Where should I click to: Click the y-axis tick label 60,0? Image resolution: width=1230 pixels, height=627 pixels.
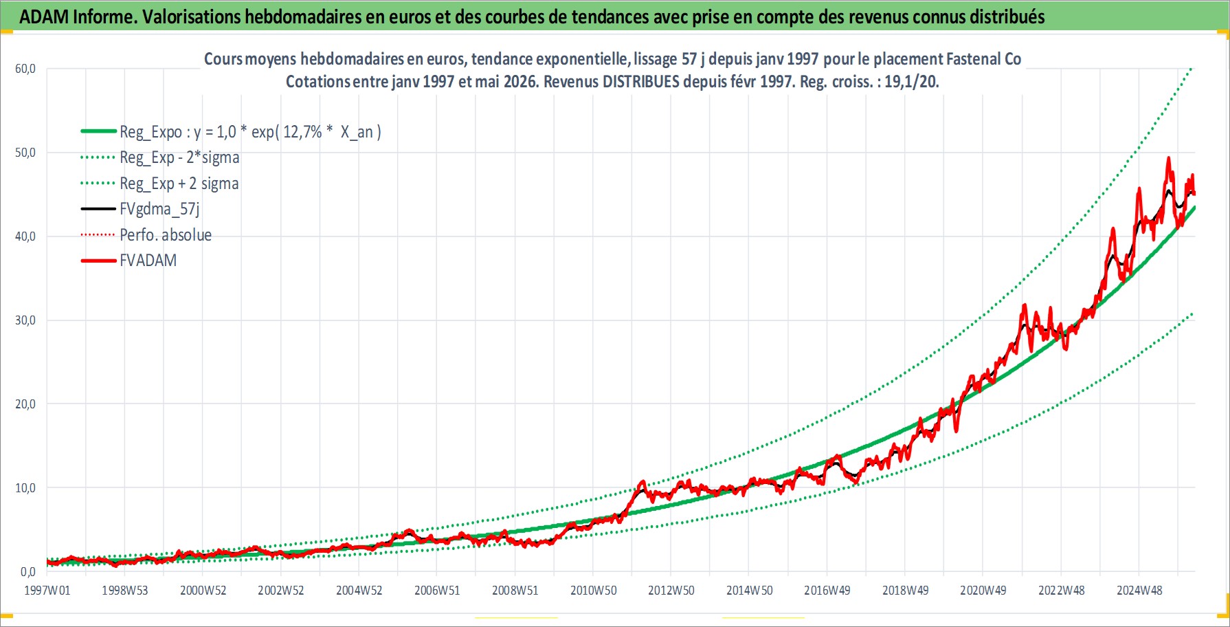tap(25, 69)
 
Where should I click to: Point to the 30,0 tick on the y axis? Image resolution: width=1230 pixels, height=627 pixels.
tap(25, 320)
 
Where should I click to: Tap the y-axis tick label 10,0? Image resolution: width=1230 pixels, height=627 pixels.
tap(25, 488)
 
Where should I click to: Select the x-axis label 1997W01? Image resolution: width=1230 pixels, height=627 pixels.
tap(47, 591)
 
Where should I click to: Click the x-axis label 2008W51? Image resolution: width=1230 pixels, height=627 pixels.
tap(515, 591)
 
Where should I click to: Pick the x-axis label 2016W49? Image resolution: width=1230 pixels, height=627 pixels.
tap(827, 591)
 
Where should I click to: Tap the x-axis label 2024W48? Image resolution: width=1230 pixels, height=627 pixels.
tap(1139, 591)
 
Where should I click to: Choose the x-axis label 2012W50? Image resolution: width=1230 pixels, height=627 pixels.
tap(671, 591)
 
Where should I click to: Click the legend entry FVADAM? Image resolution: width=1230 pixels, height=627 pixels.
tap(148, 261)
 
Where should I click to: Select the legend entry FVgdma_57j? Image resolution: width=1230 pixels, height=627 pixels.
tap(159, 209)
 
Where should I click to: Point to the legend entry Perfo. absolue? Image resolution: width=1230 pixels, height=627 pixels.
tap(166, 235)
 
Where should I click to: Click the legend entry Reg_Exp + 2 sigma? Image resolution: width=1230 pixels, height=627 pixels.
tap(179, 184)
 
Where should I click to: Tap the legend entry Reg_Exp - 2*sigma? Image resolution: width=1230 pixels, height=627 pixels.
tap(179, 157)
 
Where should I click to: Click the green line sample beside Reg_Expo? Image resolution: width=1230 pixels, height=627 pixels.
tap(98, 131)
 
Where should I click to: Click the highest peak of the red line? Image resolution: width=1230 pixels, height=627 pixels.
tap(1168, 158)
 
